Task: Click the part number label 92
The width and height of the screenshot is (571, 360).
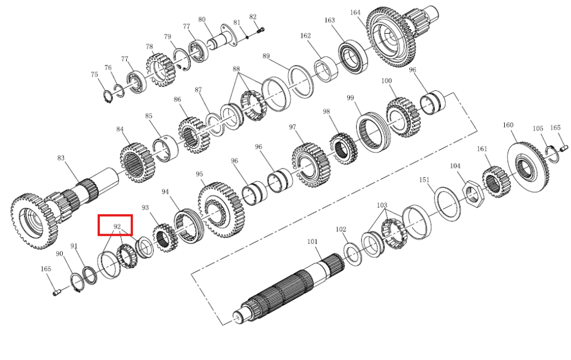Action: click(117, 226)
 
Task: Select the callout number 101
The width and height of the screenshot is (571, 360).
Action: click(312, 241)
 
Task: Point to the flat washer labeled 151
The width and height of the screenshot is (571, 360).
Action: click(447, 203)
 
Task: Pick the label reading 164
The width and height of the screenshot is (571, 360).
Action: click(355, 13)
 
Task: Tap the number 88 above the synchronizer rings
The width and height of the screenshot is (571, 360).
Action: click(236, 69)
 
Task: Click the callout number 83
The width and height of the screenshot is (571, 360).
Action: click(61, 158)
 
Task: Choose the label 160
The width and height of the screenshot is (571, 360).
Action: click(508, 125)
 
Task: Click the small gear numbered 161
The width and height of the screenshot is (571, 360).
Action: click(496, 182)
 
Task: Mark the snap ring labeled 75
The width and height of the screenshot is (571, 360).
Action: click(107, 96)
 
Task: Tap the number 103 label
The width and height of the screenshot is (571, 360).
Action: click(381, 205)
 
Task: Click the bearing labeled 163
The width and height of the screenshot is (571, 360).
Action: click(353, 58)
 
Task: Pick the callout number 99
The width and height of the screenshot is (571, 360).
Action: click(351, 98)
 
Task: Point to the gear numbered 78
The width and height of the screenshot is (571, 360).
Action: click(161, 70)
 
